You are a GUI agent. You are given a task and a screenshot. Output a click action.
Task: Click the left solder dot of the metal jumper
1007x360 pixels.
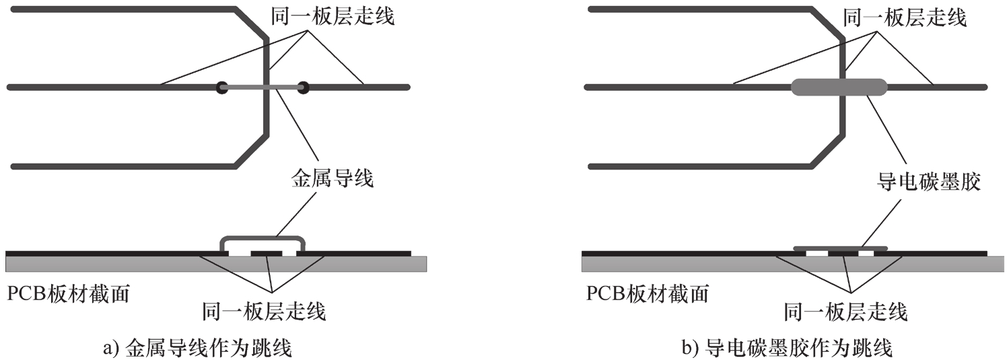click(221, 87)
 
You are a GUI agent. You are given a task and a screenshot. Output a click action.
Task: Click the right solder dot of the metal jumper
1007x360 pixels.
click(303, 87)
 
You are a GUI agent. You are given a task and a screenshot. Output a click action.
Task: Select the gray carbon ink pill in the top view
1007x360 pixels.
click(838, 87)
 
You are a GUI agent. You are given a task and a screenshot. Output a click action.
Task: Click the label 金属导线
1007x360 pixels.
click(332, 180)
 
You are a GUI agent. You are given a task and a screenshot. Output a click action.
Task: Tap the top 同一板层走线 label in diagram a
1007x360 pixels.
click(333, 19)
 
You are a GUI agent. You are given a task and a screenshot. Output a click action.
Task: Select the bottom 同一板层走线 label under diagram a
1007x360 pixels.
click(264, 312)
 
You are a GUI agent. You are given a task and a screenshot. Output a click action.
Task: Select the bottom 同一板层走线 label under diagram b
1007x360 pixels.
click(846, 312)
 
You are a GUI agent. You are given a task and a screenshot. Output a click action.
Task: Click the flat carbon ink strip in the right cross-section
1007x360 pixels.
click(840, 248)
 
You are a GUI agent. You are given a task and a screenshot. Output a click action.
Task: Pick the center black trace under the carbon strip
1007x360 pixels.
click(843, 254)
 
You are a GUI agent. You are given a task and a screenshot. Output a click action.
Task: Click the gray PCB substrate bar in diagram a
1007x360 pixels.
click(101, 263)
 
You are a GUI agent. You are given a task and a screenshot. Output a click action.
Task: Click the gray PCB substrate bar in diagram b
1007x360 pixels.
click(673, 263)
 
